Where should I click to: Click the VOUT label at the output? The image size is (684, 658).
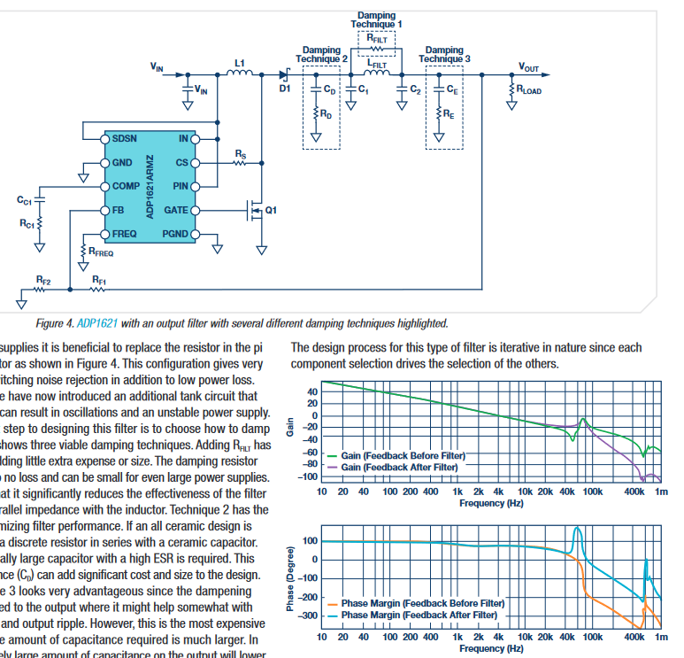[x=528, y=68]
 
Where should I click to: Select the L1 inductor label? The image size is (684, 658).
[x=239, y=62]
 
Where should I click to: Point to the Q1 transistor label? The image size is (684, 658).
[x=271, y=210]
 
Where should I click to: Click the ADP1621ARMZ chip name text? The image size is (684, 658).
[x=150, y=186]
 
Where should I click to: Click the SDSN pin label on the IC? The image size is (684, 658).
[x=124, y=138]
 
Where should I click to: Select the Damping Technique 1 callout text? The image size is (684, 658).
[x=379, y=19]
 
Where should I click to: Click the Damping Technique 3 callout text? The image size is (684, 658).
[x=444, y=55]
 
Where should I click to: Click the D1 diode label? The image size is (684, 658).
[x=284, y=89]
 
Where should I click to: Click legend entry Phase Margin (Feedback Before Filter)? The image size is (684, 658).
[x=422, y=603]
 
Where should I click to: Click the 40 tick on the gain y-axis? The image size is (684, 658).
[x=311, y=391]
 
